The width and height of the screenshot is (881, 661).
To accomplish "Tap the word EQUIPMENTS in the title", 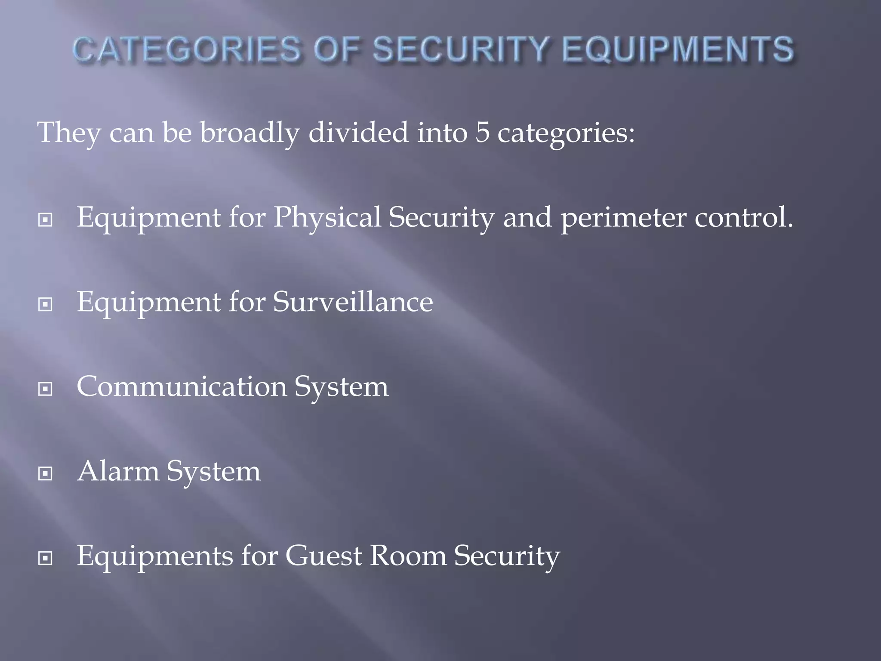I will (x=678, y=49).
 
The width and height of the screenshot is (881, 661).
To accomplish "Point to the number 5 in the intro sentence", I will (x=482, y=133).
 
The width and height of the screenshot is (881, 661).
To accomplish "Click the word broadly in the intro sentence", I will (x=250, y=133).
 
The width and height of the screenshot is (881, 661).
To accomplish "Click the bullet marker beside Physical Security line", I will (x=45, y=220).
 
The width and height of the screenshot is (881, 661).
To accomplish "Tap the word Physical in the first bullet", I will (x=327, y=218).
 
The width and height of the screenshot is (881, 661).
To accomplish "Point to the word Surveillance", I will (x=353, y=302).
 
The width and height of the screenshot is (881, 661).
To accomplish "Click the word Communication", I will (x=181, y=386).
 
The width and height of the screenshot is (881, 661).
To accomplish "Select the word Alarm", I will (x=118, y=471).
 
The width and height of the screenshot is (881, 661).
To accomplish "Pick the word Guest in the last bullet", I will (x=324, y=556).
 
